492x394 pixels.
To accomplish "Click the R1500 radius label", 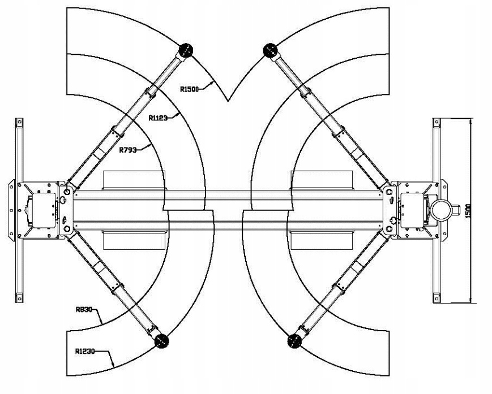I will pyautogui.click(x=190, y=88).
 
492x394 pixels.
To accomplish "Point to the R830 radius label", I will pyautogui.click(x=84, y=309).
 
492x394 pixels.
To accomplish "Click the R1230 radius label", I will pyautogui.click(x=85, y=351).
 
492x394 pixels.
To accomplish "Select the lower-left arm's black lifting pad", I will pyautogui.click(x=161, y=341).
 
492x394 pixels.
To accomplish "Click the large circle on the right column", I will pyautogui.click(x=444, y=209).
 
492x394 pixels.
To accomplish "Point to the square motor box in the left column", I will pyautogui.click(x=42, y=209).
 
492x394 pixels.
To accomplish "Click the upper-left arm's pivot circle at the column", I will pyautogui.click(x=68, y=192).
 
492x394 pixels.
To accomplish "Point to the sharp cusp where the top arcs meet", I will pyautogui.click(x=228, y=101).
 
